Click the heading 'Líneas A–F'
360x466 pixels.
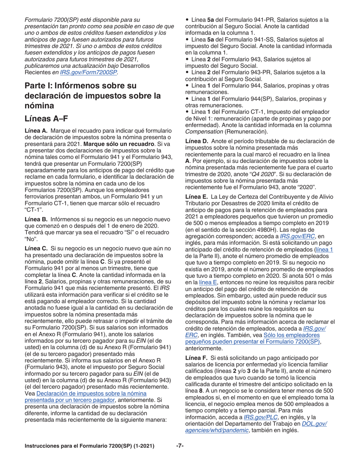[x=46, y=118]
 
